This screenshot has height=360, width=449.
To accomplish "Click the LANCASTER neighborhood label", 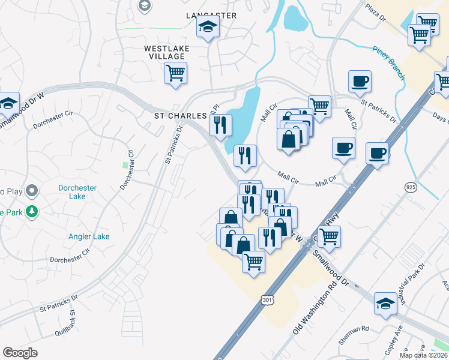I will pos(211,15).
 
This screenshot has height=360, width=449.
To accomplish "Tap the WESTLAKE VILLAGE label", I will pos(164,52).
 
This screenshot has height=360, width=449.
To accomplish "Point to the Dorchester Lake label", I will pos(77,192).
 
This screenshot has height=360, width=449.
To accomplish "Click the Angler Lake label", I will pos(89,236).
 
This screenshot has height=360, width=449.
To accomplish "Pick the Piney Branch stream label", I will pos(388,62).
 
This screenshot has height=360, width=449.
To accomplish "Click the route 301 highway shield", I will pos(267,298).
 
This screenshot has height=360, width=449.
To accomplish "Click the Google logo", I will pos(20,353).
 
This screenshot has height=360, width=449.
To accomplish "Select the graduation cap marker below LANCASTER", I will pos(208,26).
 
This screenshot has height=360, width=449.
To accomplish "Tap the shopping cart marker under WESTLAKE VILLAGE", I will pos(175,73).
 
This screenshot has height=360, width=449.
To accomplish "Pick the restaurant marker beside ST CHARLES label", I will pos(220,125).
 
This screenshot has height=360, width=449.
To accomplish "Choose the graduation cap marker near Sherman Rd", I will pos(385,304).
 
